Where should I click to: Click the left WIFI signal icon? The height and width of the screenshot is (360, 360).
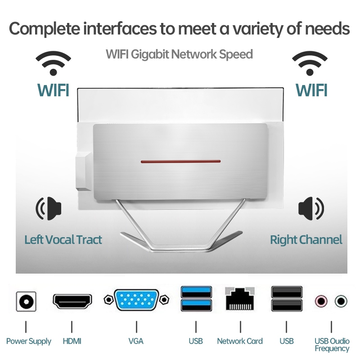pos(53,63)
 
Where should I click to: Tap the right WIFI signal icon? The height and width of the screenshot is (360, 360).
pos(310,63)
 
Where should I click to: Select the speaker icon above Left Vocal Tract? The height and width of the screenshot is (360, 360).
pos(49,208)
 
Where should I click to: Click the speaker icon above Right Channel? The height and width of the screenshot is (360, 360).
pos(311,208)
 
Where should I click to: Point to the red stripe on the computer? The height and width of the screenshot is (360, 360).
pos(180,161)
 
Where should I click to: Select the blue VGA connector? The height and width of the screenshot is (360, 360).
pos(136,300)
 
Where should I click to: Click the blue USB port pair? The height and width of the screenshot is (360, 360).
pos(196,299)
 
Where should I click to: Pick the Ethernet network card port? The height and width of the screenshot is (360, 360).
pos(240,299)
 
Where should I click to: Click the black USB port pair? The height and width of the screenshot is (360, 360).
pos(286,299)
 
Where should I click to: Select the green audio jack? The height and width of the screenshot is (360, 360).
pos(341,300)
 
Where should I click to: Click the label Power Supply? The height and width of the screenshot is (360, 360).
pos(29,341)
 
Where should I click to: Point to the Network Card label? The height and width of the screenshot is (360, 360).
pos(240,341)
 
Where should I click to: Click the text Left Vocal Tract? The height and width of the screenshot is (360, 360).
pos(63,240)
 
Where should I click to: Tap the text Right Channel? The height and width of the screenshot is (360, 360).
pos(306,240)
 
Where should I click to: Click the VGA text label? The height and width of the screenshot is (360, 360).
pos(136,341)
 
